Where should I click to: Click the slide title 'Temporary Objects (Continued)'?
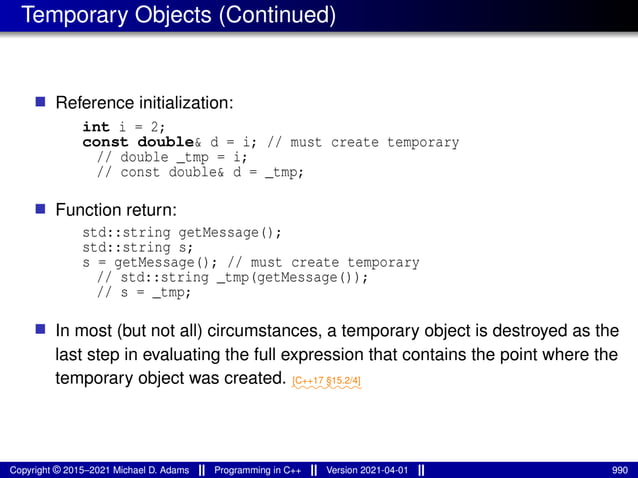tap(178, 15)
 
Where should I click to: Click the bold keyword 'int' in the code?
tap(96, 127)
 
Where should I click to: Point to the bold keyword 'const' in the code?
tap(106, 142)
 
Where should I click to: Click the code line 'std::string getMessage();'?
tap(182, 233)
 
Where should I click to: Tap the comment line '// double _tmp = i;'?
tap(171, 157)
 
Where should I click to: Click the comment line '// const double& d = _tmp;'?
tap(199, 172)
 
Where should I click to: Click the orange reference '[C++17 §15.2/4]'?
tap(326, 382)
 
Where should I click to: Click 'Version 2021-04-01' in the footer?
tap(369, 469)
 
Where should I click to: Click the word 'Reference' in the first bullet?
tap(94, 103)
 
